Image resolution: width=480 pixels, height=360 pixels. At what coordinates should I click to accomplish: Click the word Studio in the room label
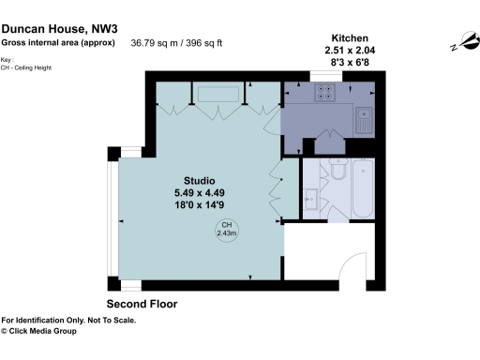click(199, 180)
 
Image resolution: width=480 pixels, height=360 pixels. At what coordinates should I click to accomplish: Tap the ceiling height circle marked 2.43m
click(226, 230)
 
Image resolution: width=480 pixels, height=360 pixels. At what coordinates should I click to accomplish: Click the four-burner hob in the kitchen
click(325, 92)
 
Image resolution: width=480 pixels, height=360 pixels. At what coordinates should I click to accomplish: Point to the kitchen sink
click(363, 118)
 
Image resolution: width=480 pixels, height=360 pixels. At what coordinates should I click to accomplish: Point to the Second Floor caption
click(142, 305)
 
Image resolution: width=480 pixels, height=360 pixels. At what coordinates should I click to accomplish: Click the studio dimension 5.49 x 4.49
click(200, 192)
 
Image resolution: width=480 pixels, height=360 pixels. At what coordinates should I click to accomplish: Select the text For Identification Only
click(48, 320)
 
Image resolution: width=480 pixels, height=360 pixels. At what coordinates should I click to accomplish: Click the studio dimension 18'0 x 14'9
click(200, 204)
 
